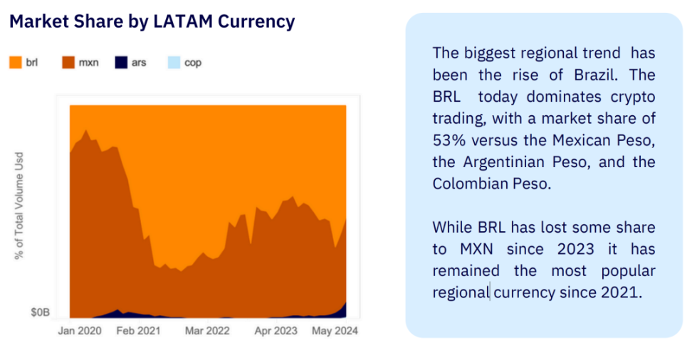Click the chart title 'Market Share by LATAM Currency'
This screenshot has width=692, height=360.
(x=152, y=22)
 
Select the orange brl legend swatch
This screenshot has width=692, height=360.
(x=16, y=63)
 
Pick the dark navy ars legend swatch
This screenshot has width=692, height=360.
(x=120, y=63)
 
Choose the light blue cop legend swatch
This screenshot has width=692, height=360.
(x=174, y=63)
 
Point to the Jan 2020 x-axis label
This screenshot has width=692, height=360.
(x=80, y=331)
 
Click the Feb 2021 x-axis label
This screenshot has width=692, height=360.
(x=138, y=331)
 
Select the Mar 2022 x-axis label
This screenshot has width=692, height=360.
(x=207, y=331)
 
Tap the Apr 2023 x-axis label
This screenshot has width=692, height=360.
(x=276, y=331)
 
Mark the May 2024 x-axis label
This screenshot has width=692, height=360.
(x=335, y=331)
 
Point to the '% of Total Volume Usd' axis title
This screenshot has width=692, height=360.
(x=19, y=206)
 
